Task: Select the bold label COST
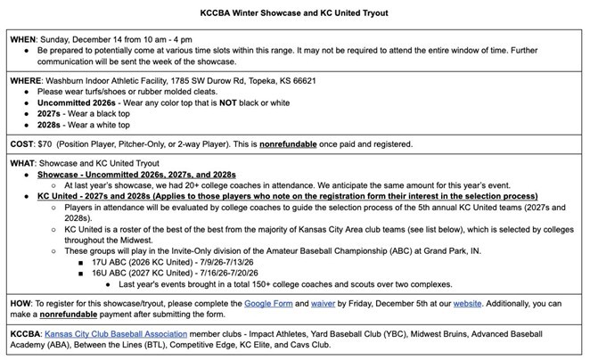click(24, 143)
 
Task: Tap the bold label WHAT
click(25, 163)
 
